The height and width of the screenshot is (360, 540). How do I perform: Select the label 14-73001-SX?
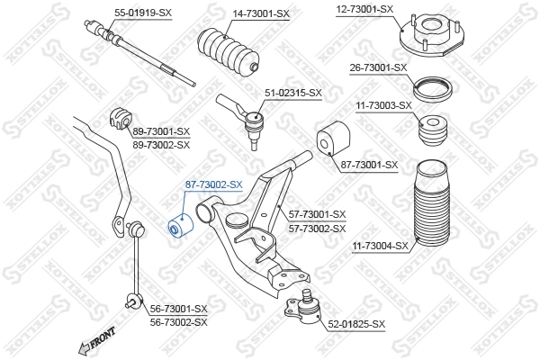[261, 13]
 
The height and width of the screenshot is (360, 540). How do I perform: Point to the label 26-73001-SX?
[378, 67]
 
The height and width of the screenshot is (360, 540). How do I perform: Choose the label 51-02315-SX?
[292, 93]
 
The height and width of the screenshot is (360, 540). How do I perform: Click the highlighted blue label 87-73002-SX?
[213, 184]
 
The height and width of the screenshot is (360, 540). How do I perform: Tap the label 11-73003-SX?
[383, 105]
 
